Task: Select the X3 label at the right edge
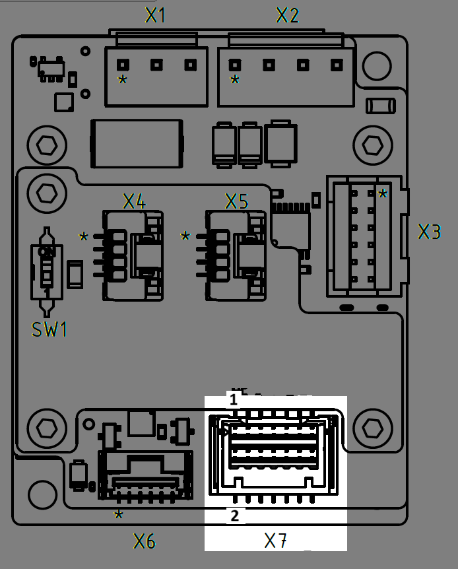pyautogui.click(x=430, y=232)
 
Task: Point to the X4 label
pyautogui.click(x=134, y=201)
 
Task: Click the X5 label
pyautogui.click(x=236, y=201)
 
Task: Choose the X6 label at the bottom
pyautogui.click(x=145, y=542)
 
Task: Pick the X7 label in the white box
pyautogui.click(x=275, y=541)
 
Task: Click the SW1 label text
pyautogui.click(x=49, y=329)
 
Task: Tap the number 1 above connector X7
pyautogui.click(x=233, y=399)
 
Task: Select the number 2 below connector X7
pyautogui.click(x=234, y=516)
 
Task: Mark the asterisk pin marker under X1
pyautogui.click(x=122, y=81)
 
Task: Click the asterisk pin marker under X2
pyautogui.click(x=235, y=81)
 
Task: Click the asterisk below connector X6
pyautogui.click(x=118, y=515)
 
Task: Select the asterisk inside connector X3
pyautogui.click(x=383, y=194)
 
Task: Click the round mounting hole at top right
pyautogui.click(x=377, y=63)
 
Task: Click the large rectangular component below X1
pyautogui.click(x=137, y=143)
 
